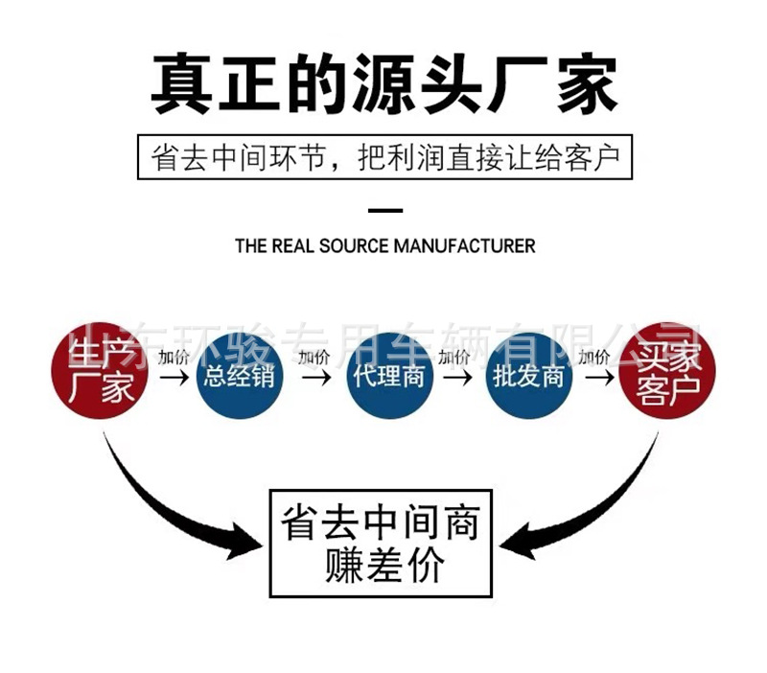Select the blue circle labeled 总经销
click(x=240, y=375)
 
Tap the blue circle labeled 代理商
click(x=387, y=375)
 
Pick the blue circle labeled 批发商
click(x=528, y=375)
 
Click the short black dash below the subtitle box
click(x=385, y=209)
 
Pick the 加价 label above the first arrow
click(x=174, y=358)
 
